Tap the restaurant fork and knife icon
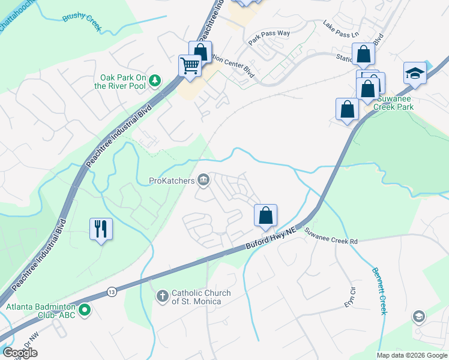tap(101, 229)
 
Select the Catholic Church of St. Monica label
tap(201, 297)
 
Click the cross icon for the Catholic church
tap(162, 296)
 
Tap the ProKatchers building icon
tap(203, 180)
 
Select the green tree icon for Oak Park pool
tap(155, 80)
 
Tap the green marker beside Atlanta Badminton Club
tap(85, 310)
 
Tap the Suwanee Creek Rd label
tap(330, 236)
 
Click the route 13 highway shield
tap(112, 292)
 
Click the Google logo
tap(20, 353)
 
